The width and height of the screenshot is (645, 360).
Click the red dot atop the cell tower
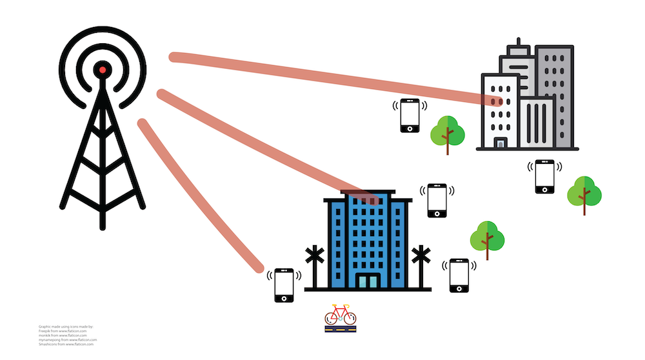[x=102, y=69]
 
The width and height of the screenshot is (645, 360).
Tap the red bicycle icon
[x=340, y=316]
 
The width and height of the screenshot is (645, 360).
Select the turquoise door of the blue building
[x=368, y=281]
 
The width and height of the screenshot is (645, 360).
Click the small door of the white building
[x=501, y=143]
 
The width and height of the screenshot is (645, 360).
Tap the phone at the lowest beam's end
[x=284, y=285]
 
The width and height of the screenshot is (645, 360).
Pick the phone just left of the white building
[x=410, y=115]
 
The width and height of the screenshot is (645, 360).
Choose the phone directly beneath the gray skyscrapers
[x=545, y=176]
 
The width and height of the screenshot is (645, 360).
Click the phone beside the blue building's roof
[x=437, y=200]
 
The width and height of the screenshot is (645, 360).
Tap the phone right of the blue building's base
[x=459, y=275]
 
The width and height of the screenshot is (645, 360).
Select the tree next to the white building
[x=448, y=133]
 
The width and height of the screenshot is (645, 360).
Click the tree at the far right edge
[x=584, y=192]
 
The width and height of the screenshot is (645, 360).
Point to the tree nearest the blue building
[x=487, y=238]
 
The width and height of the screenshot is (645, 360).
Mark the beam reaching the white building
[x=335, y=78]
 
